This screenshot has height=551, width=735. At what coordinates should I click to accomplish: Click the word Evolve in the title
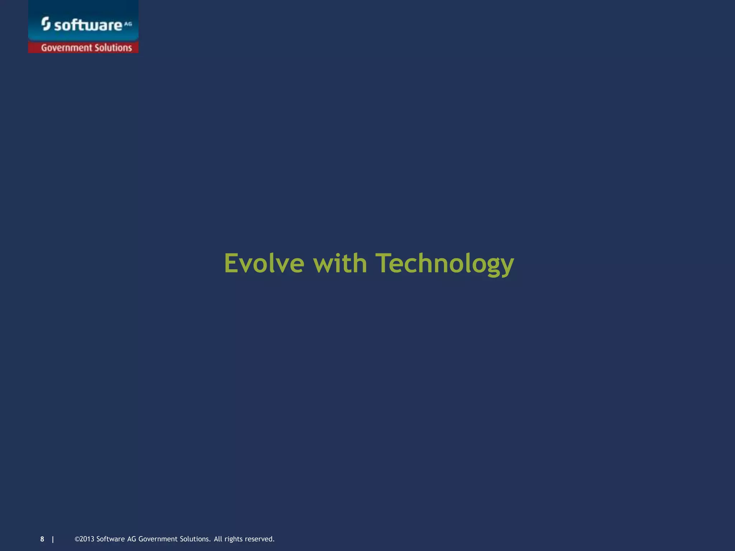pos(264,263)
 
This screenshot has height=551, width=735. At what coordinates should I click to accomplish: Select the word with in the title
pos(340,263)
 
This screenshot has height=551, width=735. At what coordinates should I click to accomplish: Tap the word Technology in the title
pos(445,264)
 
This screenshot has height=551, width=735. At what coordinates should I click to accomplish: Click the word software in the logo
pos(88,25)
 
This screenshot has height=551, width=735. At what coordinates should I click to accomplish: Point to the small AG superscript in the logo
pos(128,24)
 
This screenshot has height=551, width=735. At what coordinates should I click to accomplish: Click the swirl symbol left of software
pos(46,24)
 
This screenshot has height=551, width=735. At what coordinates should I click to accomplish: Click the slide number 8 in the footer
pos(42,539)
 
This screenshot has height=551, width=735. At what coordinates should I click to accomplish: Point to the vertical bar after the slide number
pos(53,539)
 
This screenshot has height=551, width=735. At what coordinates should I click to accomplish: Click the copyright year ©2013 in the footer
pos(84,539)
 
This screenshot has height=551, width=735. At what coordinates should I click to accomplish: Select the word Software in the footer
pos(111,539)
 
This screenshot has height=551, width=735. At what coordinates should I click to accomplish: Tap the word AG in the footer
pos(131,539)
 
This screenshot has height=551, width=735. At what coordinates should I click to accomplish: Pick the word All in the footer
pos(218,539)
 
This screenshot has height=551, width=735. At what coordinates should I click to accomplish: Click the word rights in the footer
pos(233,539)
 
